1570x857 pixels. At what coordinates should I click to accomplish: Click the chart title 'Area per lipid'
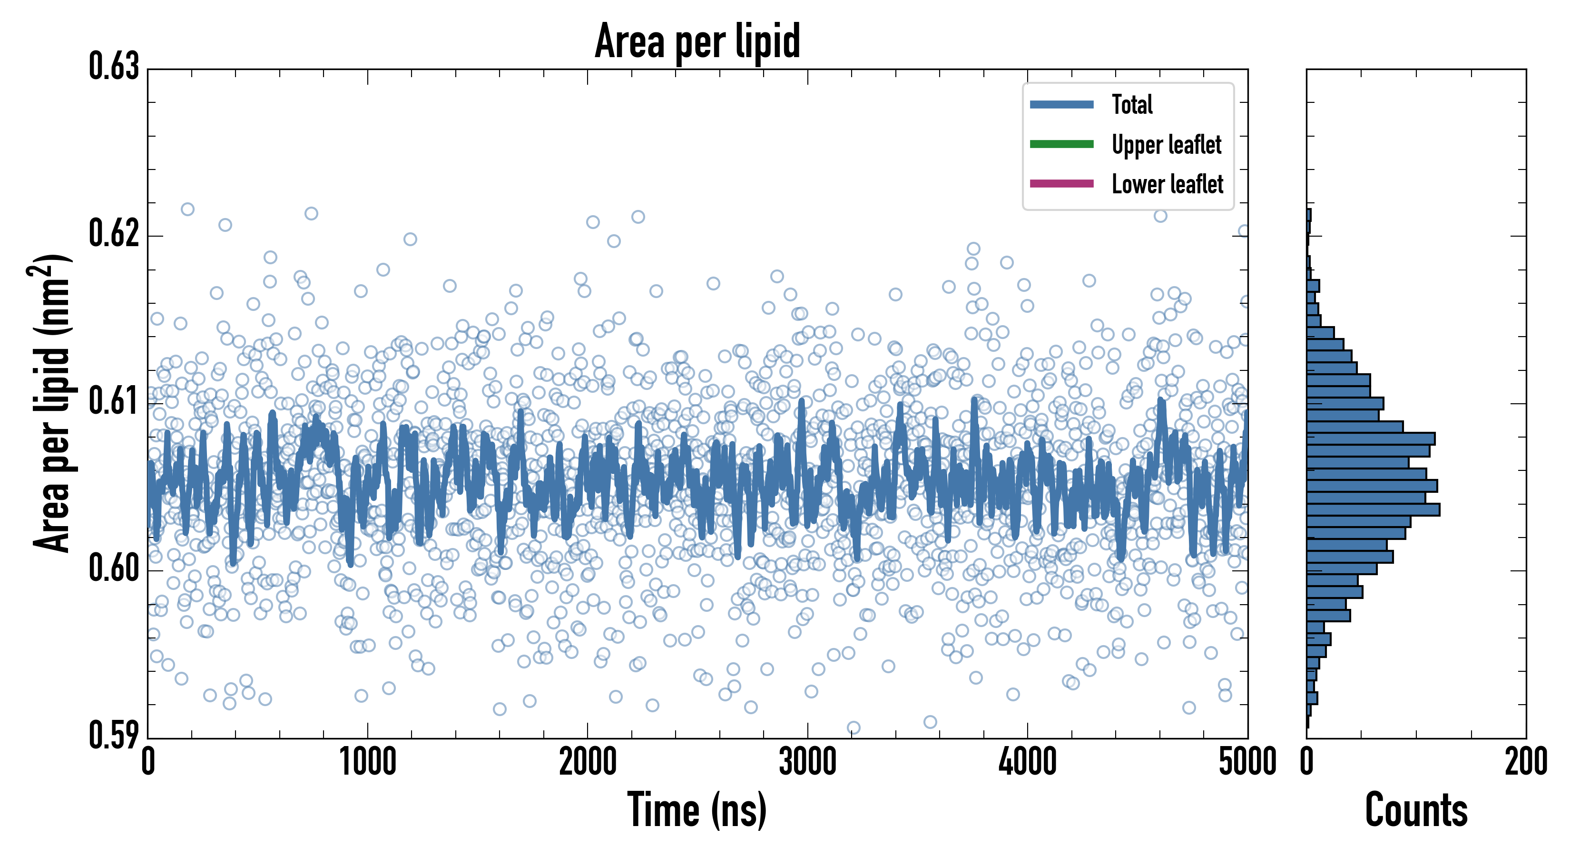pyautogui.click(x=697, y=41)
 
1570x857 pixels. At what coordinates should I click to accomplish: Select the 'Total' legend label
pyautogui.click(x=1132, y=104)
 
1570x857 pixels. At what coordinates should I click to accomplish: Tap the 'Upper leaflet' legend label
pyautogui.click(x=1166, y=145)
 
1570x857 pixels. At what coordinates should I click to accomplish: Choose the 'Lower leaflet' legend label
pyautogui.click(x=1167, y=184)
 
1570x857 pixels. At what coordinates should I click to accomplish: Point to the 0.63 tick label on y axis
pyautogui.click(x=114, y=67)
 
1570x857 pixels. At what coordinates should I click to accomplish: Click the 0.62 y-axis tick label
pyautogui.click(x=114, y=234)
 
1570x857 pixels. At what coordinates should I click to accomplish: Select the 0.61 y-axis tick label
pyautogui.click(x=114, y=401)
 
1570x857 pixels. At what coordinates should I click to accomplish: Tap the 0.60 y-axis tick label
pyautogui.click(x=114, y=568)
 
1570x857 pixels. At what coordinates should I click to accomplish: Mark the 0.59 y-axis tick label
pyautogui.click(x=114, y=735)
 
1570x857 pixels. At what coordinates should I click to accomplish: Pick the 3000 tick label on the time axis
pyautogui.click(x=807, y=762)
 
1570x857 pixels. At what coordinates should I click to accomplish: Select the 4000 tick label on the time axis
pyautogui.click(x=1028, y=762)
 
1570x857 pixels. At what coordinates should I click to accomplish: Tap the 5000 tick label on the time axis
pyautogui.click(x=1247, y=762)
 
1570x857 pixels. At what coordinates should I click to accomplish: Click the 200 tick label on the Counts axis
pyautogui.click(x=1525, y=762)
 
